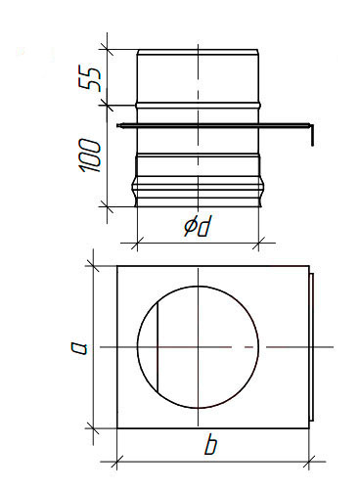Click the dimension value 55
click(88, 79)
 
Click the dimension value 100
click(89, 156)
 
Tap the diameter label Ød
click(197, 226)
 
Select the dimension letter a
click(80, 347)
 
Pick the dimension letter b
click(210, 445)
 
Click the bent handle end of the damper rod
click(312, 135)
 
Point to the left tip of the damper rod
click(118, 125)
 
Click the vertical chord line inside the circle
click(157, 347)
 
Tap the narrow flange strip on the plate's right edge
click(311, 346)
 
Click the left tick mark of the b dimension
click(116, 462)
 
